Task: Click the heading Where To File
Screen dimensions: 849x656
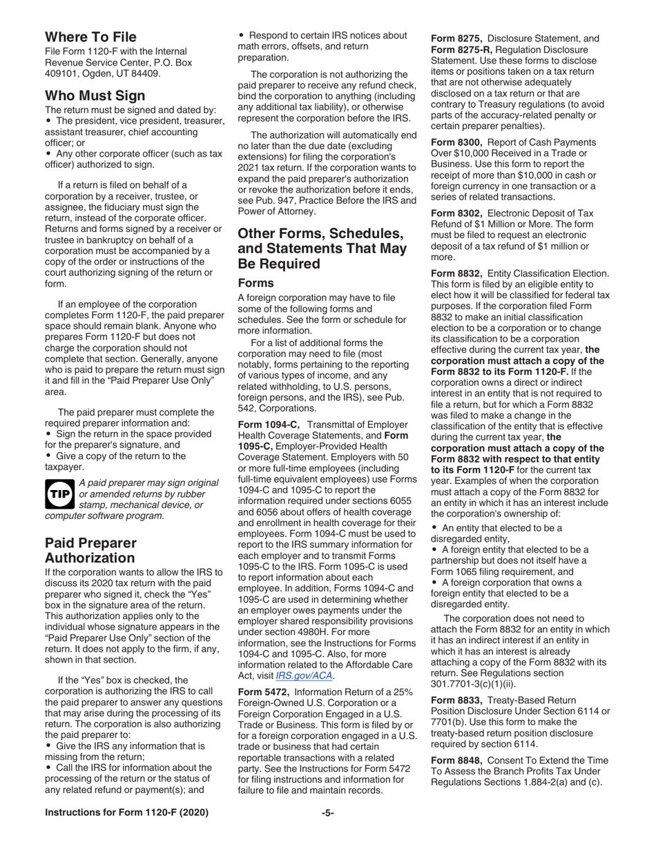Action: pyautogui.click(x=90, y=37)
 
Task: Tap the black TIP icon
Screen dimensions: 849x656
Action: pyautogui.click(x=59, y=495)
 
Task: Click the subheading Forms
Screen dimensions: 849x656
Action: pyautogui.click(x=257, y=263)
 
